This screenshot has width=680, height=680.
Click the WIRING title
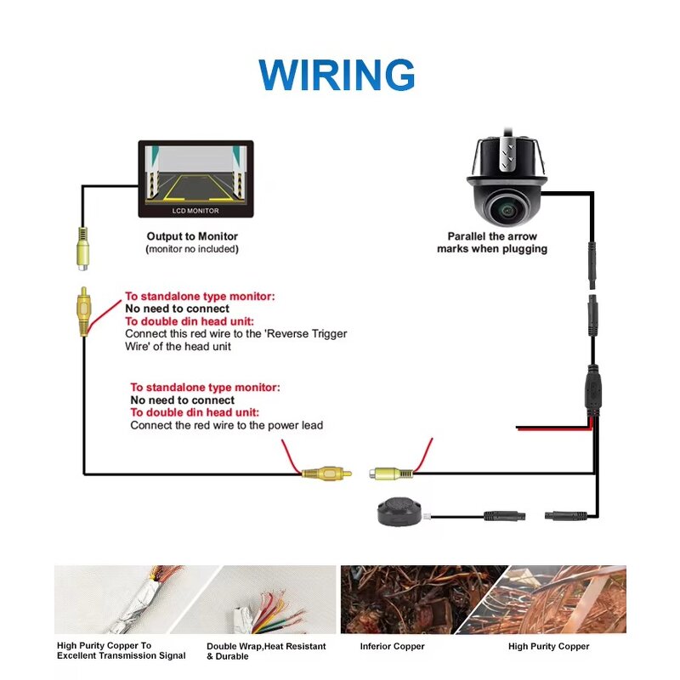[337, 75]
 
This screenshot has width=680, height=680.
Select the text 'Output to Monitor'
[192, 236]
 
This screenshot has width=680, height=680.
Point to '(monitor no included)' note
[192, 249]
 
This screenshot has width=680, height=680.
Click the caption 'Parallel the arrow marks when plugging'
[492, 242]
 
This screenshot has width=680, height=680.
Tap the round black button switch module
[397, 510]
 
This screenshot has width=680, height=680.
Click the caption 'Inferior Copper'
[392, 647]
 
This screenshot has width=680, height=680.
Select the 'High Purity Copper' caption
[548, 647]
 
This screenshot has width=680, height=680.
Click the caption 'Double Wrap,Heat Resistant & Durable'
[266, 651]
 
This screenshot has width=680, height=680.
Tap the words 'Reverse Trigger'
[306, 334]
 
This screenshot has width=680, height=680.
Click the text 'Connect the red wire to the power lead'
[226, 425]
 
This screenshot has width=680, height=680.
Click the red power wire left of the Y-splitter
[552, 428]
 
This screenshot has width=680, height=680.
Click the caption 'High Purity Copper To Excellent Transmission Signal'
[121, 651]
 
